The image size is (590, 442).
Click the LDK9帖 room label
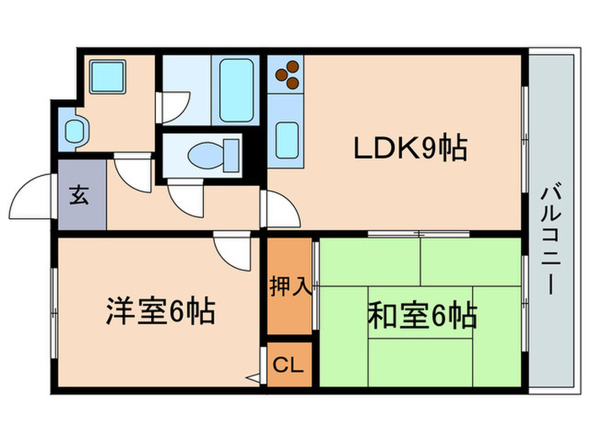tap(410, 147)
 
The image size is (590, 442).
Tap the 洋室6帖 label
tap(161, 311)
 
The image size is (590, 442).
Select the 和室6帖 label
tap(422, 315)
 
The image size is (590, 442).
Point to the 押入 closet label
tap(290, 287)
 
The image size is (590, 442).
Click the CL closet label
tap(288, 365)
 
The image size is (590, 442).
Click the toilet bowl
tap(213, 155)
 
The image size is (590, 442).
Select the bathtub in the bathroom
tap(236, 90)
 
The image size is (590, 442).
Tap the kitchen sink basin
tap(287, 141)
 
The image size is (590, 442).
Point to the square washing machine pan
tap(107, 77)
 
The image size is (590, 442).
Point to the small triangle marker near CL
tap(253, 378)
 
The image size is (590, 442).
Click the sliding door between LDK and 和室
tap(419, 234)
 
